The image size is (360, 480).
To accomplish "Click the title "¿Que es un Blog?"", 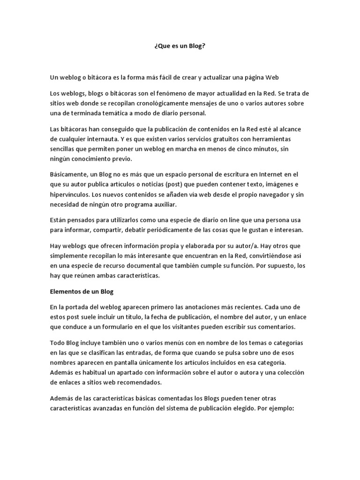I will pos(180,47).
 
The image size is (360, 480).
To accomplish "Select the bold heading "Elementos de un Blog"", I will pos(82,292).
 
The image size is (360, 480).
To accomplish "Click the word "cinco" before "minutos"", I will pos(260,149).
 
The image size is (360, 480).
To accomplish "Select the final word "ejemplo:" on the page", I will pos(281,408).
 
